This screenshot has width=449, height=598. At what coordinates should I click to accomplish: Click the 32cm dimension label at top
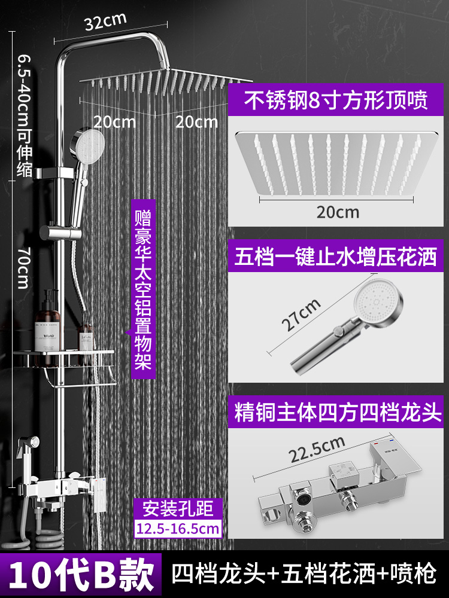pyautogui.click(x=105, y=22)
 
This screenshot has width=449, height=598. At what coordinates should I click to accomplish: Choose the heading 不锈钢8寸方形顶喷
pyautogui.click(x=336, y=100)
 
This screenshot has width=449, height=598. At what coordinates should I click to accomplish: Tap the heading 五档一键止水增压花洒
pyautogui.click(x=336, y=258)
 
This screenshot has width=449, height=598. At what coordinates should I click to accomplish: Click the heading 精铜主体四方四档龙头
pyautogui.click(x=336, y=413)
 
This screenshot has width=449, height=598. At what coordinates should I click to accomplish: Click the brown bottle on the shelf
pyautogui.click(x=49, y=326)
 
